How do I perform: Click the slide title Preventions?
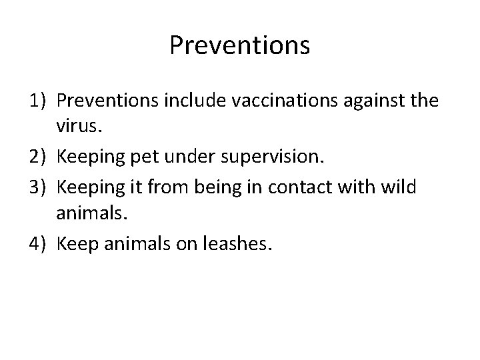coord(239,46)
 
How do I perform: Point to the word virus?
coord(79,129)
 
